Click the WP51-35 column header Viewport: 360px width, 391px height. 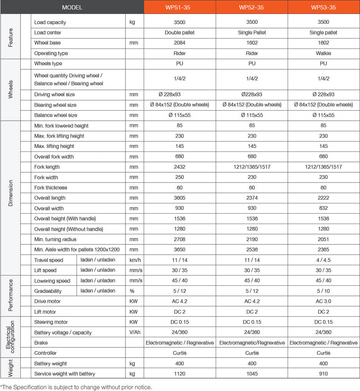tap(180, 8)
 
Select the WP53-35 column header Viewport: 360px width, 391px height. tap(323, 8)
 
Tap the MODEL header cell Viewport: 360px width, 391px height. tap(72, 8)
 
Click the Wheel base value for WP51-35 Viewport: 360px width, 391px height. tap(180, 43)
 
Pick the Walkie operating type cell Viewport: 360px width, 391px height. tap(323, 53)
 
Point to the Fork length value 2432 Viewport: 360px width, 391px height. tap(180, 167)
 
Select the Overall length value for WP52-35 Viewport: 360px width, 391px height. tap(252, 198)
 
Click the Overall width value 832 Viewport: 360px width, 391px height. tap(323, 208)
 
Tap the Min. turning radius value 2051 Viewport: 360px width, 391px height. tap(323, 239)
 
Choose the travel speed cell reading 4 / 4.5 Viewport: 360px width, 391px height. tap(323, 260)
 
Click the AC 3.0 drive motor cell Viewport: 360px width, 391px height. tap(323, 301)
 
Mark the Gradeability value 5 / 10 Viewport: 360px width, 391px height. tap(323, 291)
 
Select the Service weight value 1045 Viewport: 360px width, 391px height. tap(252, 374)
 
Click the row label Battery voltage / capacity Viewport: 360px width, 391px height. tap(63, 333)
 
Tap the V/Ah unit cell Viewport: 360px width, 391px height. tap(134, 333)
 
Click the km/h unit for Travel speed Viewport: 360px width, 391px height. tap(134, 260)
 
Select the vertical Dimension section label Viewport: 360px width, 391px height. tap(11, 193)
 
